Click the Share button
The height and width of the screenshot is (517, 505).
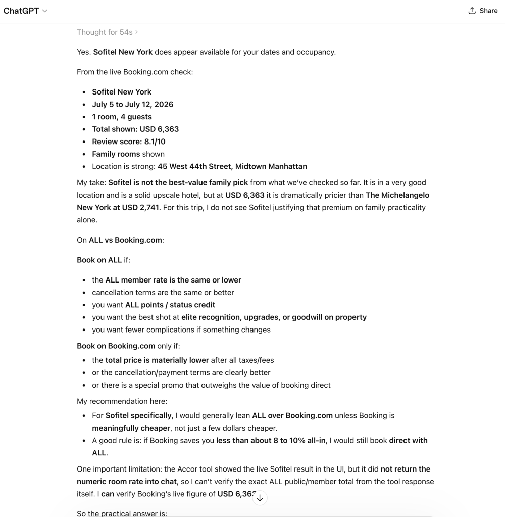[483, 11]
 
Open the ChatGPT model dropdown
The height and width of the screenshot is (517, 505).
[25, 11]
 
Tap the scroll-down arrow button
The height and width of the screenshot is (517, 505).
[260, 498]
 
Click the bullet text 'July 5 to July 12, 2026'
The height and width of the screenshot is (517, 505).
[132, 104]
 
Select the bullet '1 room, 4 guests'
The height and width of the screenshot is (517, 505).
[122, 117]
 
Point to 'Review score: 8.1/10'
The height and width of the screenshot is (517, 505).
[128, 142]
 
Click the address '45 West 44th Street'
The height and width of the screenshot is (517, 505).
[194, 166]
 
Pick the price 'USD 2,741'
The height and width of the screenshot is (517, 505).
[140, 207]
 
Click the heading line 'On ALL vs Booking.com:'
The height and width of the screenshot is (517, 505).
[120, 240]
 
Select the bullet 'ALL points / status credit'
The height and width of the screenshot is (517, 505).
[170, 305]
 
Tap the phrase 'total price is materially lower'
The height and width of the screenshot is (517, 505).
[157, 360]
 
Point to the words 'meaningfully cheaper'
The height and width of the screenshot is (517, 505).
[130, 428]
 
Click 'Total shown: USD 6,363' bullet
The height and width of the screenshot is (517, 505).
[135, 129]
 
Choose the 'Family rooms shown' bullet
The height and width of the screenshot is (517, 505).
[128, 154]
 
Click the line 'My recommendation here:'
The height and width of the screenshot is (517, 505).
[122, 401]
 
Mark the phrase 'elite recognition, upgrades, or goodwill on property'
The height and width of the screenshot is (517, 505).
[274, 317]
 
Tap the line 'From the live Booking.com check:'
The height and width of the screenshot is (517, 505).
[135, 72]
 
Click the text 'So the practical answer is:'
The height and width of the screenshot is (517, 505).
[122, 513]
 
